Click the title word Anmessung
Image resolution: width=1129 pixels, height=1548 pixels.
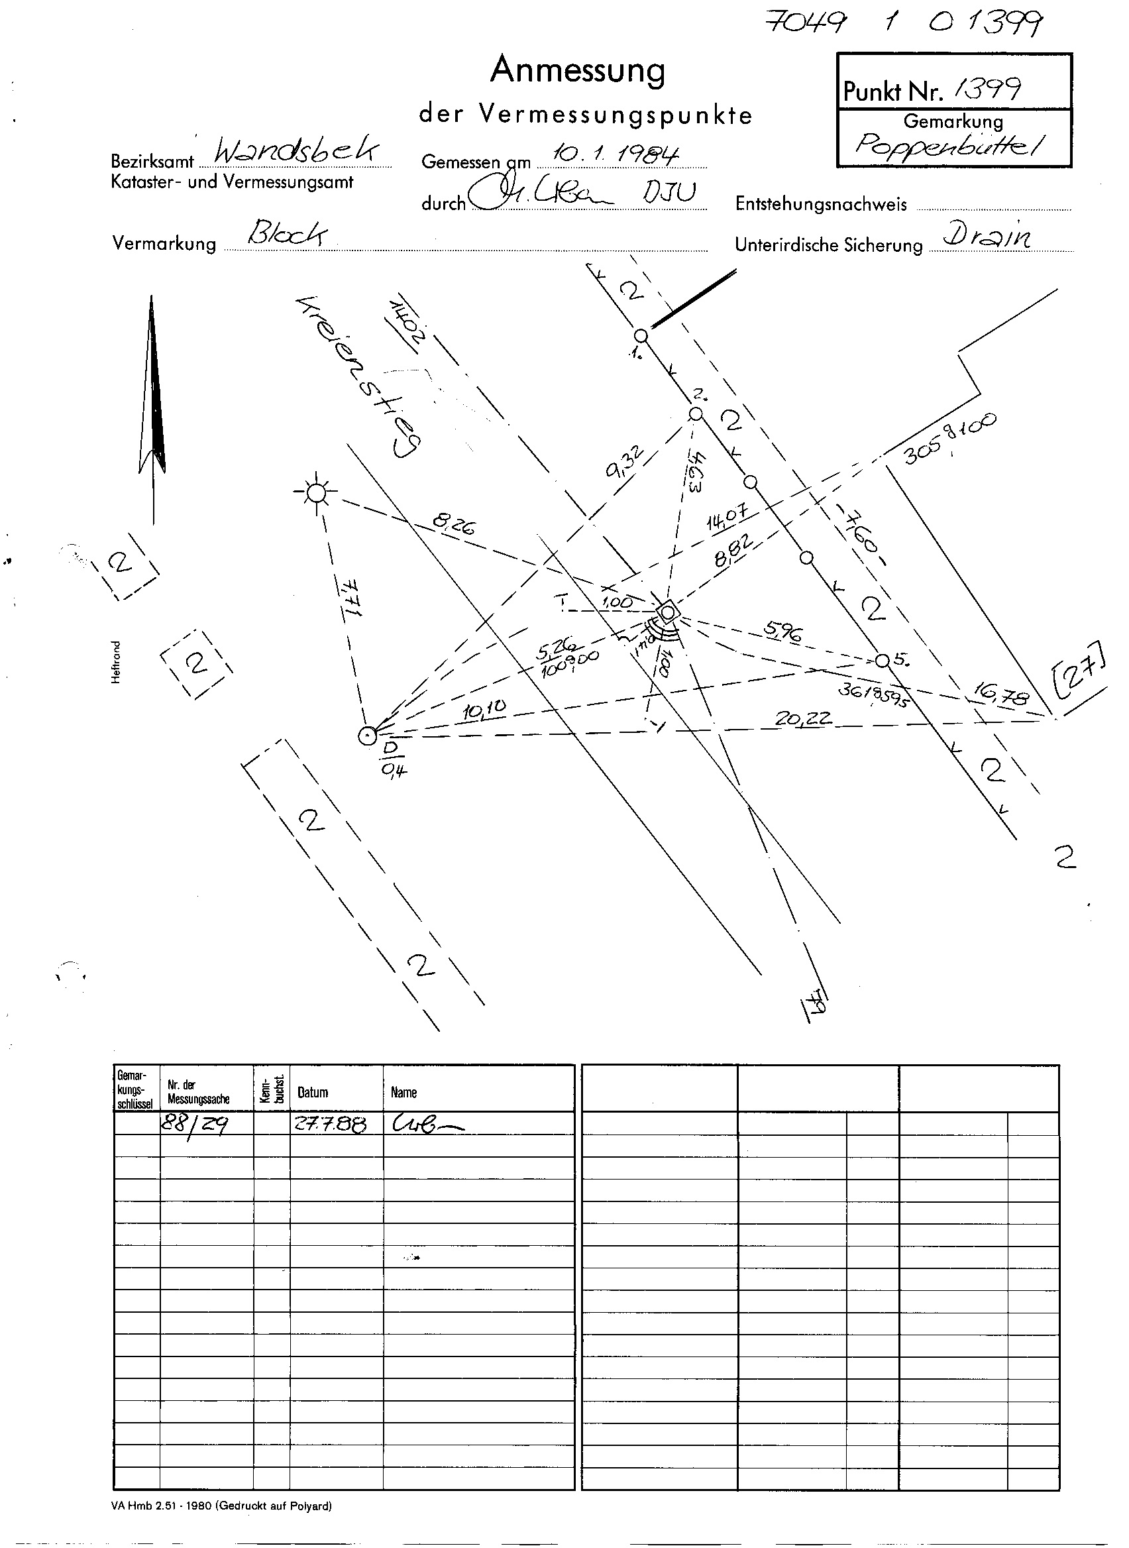coord(578,70)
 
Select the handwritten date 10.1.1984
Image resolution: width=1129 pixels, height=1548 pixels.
coord(615,154)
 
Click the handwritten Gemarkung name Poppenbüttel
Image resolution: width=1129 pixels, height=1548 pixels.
coord(951,145)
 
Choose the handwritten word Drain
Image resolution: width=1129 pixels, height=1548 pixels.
coord(987,236)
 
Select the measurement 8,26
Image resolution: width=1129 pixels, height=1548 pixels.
coord(454,525)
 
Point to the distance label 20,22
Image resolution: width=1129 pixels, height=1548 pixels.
coord(803,718)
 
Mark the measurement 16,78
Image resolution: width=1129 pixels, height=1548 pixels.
coord(1000,696)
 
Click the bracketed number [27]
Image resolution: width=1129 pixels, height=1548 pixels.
coord(1080,670)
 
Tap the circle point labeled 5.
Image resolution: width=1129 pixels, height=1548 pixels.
coord(883,661)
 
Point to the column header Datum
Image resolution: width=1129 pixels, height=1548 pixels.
coord(312,1093)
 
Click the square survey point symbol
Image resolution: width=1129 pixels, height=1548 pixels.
coord(667,610)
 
